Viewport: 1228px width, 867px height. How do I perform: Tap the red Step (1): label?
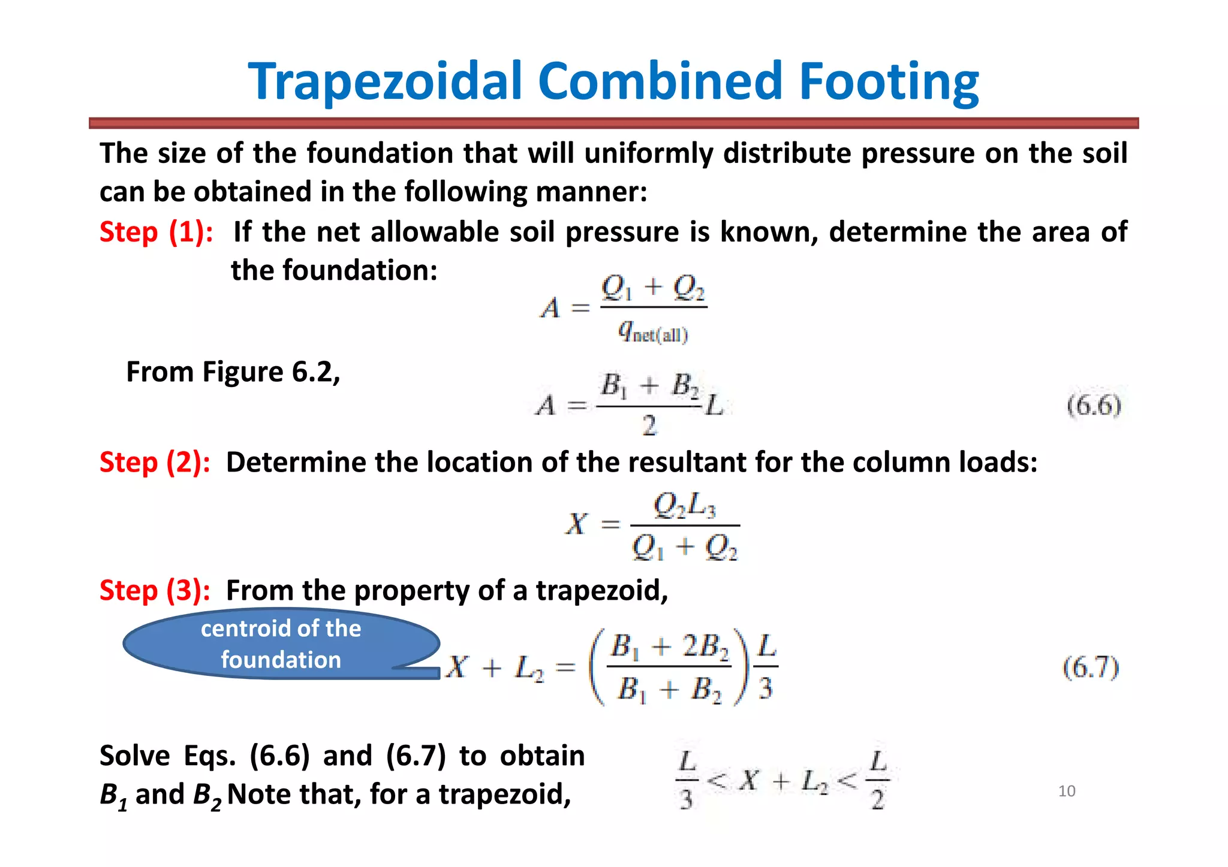click(x=156, y=232)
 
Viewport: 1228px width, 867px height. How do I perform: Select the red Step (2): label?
click(x=155, y=463)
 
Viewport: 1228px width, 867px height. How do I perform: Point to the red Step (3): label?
click(x=155, y=590)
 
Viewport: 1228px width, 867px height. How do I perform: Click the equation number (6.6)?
click(x=1094, y=406)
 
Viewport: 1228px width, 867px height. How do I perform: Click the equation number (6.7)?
click(x=1091, y=667)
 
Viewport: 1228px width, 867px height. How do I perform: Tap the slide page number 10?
click(x=1067, y=792)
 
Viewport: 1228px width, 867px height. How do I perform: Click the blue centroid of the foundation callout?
click(x=281, y=644)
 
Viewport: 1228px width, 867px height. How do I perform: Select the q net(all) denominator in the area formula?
click(x=653, y=331)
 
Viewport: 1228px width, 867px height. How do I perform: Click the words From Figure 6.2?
click(x=233, y=372)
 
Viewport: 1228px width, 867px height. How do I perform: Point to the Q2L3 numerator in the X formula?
click(x=684, y=506)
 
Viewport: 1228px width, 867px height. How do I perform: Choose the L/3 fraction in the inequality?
click(x=687, y=780)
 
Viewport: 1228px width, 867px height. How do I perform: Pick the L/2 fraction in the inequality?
click(x=878, y=780)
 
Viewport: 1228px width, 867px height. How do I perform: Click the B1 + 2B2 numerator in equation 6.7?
click(x=670, y=647)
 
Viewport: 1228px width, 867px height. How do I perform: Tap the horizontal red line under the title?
click(x=613, y=123)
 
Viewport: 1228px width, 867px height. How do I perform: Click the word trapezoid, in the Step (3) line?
click(x=601, y=591)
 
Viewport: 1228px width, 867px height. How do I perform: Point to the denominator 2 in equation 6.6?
click(x=649, y=425)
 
